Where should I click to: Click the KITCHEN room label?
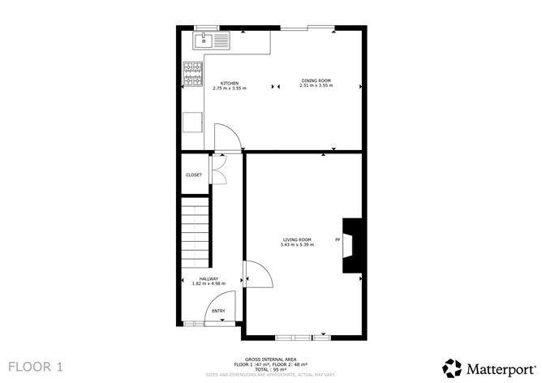pos(229,82)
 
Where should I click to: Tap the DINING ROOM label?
pos(316,81)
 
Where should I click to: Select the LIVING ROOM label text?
pos(297,239)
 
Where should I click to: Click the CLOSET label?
pos(194,174)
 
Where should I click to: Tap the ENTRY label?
pos(218,311)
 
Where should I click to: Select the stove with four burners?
pos(193,75)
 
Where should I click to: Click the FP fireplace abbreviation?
pos(337,240)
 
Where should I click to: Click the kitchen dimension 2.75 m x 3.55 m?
pos(229,88)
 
